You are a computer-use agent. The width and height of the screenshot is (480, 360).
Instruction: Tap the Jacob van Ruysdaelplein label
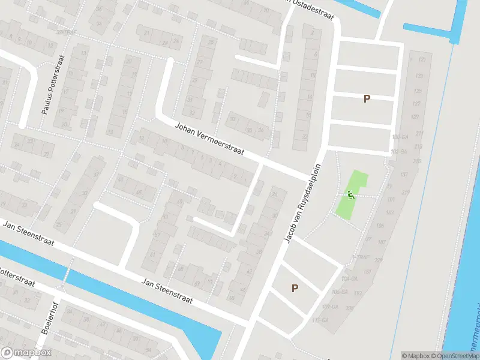coord(304,204)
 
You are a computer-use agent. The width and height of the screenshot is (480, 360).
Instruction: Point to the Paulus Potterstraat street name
coord(52,86)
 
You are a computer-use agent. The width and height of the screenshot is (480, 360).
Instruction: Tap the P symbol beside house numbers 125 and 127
coord(367,99)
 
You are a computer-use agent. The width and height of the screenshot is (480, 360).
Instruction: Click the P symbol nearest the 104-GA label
coord(295,289)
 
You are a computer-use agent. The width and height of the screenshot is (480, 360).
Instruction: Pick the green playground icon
coord(350,194)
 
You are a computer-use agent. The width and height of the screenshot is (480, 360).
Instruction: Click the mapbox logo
coord(26,353)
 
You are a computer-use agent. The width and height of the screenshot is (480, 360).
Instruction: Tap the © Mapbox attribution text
coord(415,356)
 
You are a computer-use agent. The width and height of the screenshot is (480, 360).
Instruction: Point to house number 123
coord(418,76)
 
